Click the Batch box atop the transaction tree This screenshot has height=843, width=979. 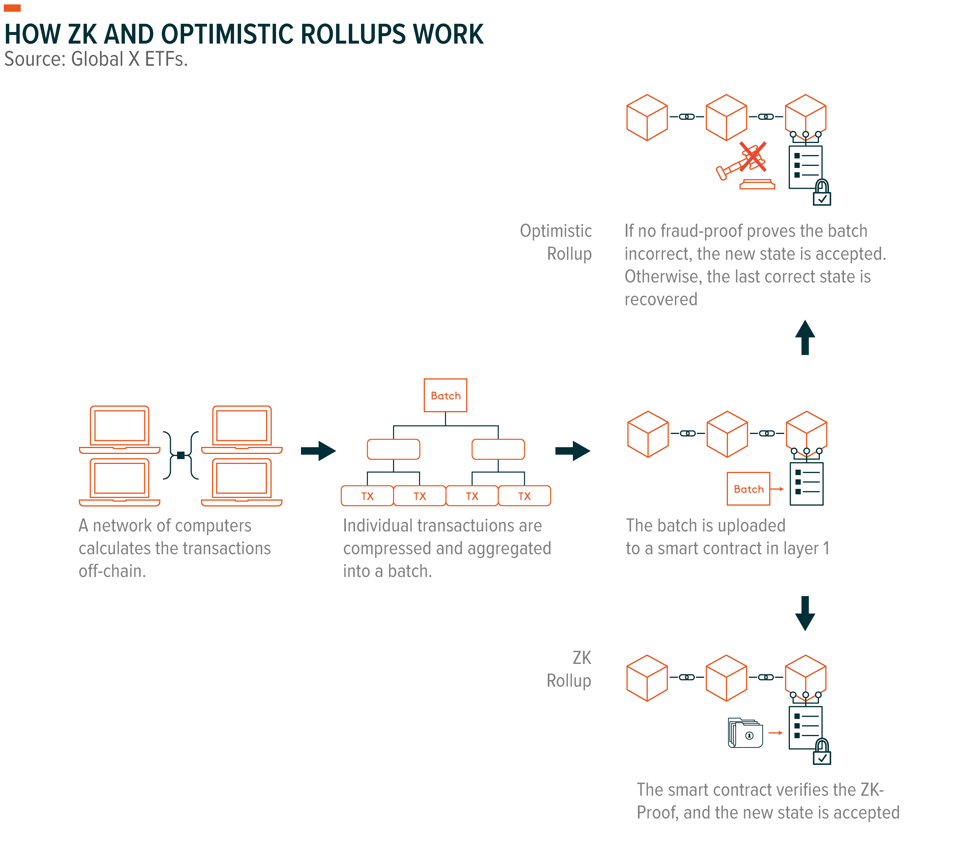coord(445,395)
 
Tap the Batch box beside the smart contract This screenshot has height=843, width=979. coord(748,489)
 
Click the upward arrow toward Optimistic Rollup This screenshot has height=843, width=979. coord(805,337)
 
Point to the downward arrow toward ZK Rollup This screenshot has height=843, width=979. coord(805,613)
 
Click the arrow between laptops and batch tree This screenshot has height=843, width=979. coord(318,451)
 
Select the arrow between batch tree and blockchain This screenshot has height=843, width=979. coord(572,451)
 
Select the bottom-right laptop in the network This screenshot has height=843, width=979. coord(241,482)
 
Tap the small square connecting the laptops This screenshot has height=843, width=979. coord(181,455)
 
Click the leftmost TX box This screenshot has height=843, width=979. coord(367,496)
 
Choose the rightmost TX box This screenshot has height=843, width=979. coord(524,496)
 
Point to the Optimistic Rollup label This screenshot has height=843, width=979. coord(556,242)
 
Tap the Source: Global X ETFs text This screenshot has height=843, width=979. coord(96,60)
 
